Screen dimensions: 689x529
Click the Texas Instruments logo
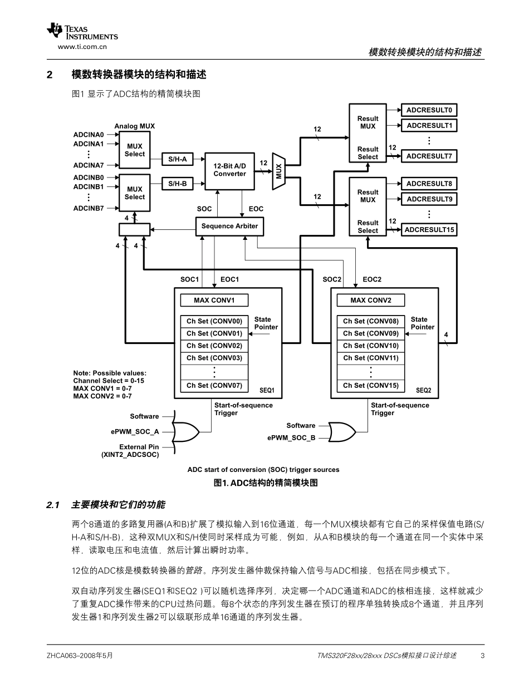coord(82,32)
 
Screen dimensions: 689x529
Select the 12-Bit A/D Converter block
coord(229,170)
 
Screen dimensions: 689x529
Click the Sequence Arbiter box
coord(229,227)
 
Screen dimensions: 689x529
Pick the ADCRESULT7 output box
coord(429,156)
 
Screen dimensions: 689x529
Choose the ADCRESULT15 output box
coord(429,230)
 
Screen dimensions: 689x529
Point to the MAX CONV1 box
coord(214,301)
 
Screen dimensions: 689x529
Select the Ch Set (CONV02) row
coord(214,346)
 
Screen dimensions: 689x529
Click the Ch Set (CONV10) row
coord(371,346)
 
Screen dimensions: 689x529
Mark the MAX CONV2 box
coord(371,301)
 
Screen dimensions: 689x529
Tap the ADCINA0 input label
coord(89,135)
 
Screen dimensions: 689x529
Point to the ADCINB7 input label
coord(89,208)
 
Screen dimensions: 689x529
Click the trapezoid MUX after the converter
coord(278,171)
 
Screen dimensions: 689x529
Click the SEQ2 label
coord(423,391)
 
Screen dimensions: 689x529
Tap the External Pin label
coord(139,447)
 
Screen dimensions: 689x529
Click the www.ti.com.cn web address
coord(82,47)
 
